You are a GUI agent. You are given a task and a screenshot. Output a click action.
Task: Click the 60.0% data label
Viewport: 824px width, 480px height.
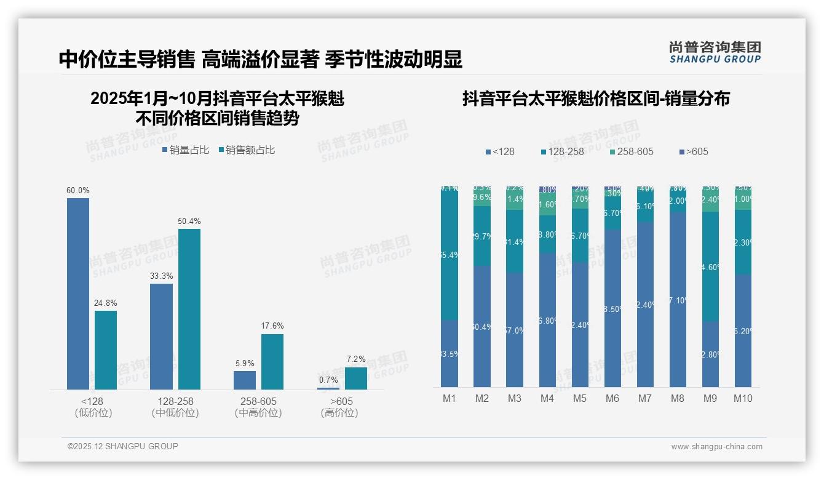coord(78,191)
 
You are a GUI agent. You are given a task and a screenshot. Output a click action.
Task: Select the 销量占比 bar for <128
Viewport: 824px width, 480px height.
coord(78,294)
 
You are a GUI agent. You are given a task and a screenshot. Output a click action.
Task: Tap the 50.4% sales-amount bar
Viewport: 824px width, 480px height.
coord(189,309)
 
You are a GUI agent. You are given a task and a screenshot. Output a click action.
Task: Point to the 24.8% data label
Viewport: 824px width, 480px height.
coord(106,303)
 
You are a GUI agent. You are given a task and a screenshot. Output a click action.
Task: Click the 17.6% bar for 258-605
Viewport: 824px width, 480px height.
coord(272,362)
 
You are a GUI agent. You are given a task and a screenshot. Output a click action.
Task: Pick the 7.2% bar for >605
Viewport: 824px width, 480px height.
coord(356,378)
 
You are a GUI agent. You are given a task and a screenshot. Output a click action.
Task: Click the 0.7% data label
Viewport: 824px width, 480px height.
coord(328,380)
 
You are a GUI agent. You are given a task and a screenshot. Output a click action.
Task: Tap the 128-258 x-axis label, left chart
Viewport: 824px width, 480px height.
coord(175,401)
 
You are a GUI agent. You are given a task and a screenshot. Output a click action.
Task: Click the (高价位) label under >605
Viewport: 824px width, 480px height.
coord(339,413)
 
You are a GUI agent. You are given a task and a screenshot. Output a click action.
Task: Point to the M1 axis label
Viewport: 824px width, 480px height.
coord(450,398)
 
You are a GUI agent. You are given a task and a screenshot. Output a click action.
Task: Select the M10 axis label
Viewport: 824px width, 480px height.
coord(743,398)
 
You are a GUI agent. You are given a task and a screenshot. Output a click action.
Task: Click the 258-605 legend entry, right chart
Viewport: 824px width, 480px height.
coord(632,151)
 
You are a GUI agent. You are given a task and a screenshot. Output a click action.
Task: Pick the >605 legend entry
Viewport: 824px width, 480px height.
coord(694,151)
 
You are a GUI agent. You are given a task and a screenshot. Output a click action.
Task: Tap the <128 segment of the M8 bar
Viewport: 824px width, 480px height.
coord(678,299)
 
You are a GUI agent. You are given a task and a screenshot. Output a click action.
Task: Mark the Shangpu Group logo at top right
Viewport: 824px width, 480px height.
coord(715,52)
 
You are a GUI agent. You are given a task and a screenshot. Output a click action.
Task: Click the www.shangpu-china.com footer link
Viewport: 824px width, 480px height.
coord(716,447)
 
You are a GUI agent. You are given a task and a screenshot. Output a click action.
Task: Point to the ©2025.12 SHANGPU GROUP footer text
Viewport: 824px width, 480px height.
coord(123,446)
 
